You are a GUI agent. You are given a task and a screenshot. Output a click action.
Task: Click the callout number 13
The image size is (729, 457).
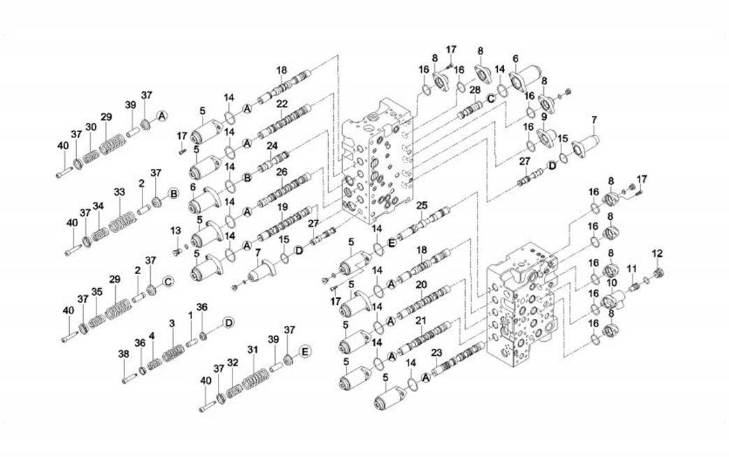pyautogui.click(x=175, y=230)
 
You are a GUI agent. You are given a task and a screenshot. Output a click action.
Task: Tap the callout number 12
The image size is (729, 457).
pyautogui.click(x=657, y=253)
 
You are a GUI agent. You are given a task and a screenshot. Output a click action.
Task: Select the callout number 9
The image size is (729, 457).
pyautogui.click(x=544, y=117)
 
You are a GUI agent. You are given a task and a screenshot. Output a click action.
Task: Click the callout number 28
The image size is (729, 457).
pyautogui.click(x=475, y=89)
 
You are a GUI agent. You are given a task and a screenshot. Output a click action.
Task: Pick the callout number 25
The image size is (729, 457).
pyautogui.click(x=421, y=205)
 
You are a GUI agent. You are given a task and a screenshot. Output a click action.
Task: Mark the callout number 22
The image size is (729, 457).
pyautogui.click(x=282, y=103)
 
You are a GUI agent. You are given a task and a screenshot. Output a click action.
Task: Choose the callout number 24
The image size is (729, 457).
pyautogui.click(x=272, y=146)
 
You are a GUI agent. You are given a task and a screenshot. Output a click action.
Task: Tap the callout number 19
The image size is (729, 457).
pyautogui.click(x=282, y=207)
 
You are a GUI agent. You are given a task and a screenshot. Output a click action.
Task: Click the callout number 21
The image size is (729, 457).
pyautogui.click(x=420, y=320)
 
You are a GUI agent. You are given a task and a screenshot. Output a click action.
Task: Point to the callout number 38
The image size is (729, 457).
pyautogui.click(x=124, y=354)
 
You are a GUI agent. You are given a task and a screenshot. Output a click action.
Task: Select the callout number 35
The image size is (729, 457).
pyautogui.click(x=97, y=292)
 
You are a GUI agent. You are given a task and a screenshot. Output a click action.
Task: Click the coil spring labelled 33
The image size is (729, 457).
pyautogui.click(x=121, y=220)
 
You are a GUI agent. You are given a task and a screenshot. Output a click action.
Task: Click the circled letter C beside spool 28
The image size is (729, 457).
pyautogui.click(x=492, y=99)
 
